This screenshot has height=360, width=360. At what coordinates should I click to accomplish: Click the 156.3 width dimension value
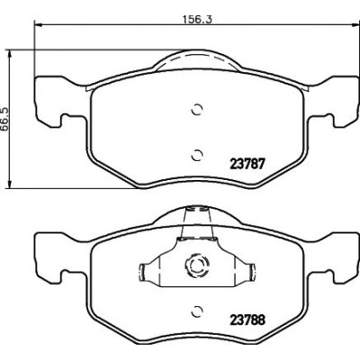click(198, 19)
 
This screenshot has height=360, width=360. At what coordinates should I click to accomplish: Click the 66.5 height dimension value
click(4, 120)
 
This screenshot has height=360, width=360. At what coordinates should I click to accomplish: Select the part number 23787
click(247, 164)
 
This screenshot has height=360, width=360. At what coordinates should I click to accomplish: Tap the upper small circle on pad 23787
click(197, 110)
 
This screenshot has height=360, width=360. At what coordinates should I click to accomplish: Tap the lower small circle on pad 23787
click(197, 155)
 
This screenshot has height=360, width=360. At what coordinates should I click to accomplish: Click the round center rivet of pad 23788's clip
click(197, 265)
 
